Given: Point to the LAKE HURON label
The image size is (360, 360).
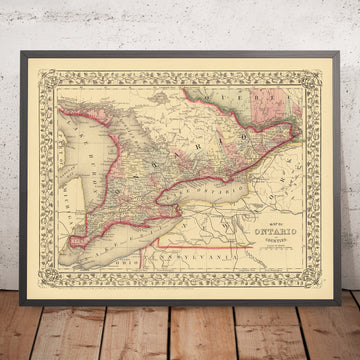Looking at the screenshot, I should tap(88, 150).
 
